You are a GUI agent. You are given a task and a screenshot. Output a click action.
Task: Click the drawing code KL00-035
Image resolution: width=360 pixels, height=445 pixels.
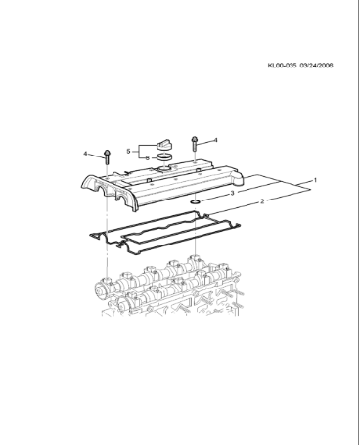point(282,67)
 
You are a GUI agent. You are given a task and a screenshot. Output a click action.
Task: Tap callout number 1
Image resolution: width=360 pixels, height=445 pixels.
point(315,181)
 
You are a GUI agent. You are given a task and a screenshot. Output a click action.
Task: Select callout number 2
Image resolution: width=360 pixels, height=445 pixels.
point(261,201)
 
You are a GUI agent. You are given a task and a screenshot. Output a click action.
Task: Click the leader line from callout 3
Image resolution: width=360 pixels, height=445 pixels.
point(214,197)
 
